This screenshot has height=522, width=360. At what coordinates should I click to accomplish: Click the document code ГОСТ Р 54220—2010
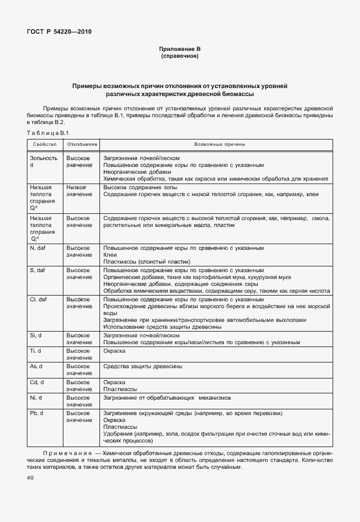click(x=59, y=31)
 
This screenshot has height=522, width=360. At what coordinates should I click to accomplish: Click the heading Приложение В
click(x=179, y=50)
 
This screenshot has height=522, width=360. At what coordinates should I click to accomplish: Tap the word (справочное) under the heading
click(x=179, y=57)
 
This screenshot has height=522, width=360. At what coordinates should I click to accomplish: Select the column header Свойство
click(x=44, y=145)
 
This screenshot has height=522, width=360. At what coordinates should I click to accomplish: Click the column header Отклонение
click(x=80, y=145)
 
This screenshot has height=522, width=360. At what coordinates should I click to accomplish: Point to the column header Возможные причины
click(x=215, y=145)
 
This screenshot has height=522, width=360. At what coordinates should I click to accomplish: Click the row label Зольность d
click(x=43, y=162)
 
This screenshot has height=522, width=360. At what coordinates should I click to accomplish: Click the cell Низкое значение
click(x=77, y=190)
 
